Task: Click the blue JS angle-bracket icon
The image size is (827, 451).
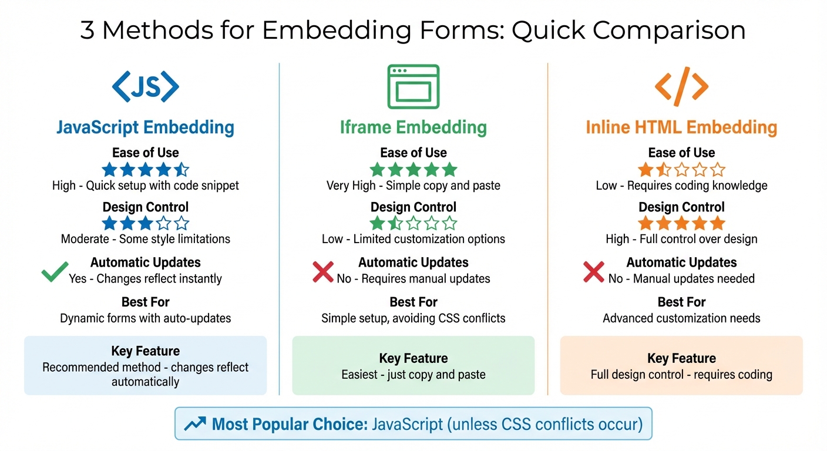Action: [x=145, y=87]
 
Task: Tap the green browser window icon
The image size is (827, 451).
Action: [x=413, y=87]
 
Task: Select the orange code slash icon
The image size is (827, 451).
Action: [x=681, y=87]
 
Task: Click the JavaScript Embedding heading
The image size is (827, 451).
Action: [x=145, y=127]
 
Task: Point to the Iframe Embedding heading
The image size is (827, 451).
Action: [x=413, y=127]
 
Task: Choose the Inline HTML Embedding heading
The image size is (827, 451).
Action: [x=681, y=127]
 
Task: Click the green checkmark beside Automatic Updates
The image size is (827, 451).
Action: [x=55, y=271]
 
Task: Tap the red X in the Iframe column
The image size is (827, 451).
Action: [x=323, y=271]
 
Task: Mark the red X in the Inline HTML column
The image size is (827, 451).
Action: [x=593, y=271]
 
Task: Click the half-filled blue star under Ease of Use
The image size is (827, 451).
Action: [x=181, y=170]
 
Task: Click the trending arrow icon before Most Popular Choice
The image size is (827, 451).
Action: [x=194, y=424]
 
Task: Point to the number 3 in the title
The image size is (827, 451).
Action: [x=88, y=31]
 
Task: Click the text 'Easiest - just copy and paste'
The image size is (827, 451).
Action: [x=413, y=374]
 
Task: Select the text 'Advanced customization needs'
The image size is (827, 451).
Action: [x=681, y=318]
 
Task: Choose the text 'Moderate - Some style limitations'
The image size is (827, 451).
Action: [x=146, y=239]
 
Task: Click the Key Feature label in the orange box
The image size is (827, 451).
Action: [x=681, y=358]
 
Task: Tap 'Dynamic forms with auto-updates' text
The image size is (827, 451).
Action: [x=146, y=318]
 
